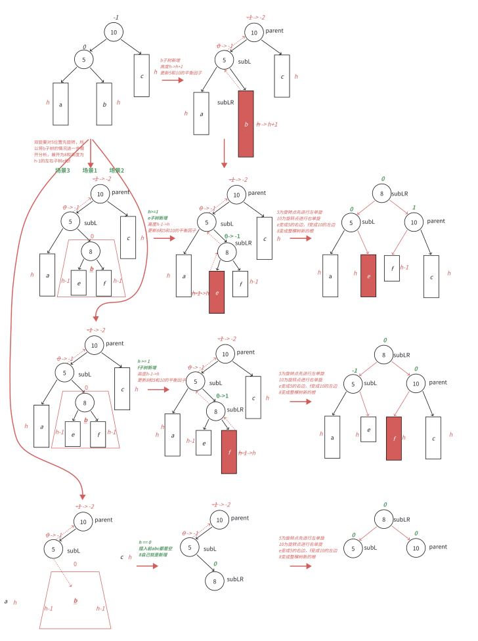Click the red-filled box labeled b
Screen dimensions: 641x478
[246, 123]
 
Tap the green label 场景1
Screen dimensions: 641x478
[90, 170]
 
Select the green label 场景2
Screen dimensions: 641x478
[117, 170]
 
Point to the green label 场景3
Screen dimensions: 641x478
[63, 170]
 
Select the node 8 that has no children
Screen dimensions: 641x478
[213, 581]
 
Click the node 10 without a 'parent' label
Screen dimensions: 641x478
[113, 32]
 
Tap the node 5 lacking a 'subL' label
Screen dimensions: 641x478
[83, 60]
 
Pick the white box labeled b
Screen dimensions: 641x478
[104, 104]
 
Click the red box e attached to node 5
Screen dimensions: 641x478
[368, 276]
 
